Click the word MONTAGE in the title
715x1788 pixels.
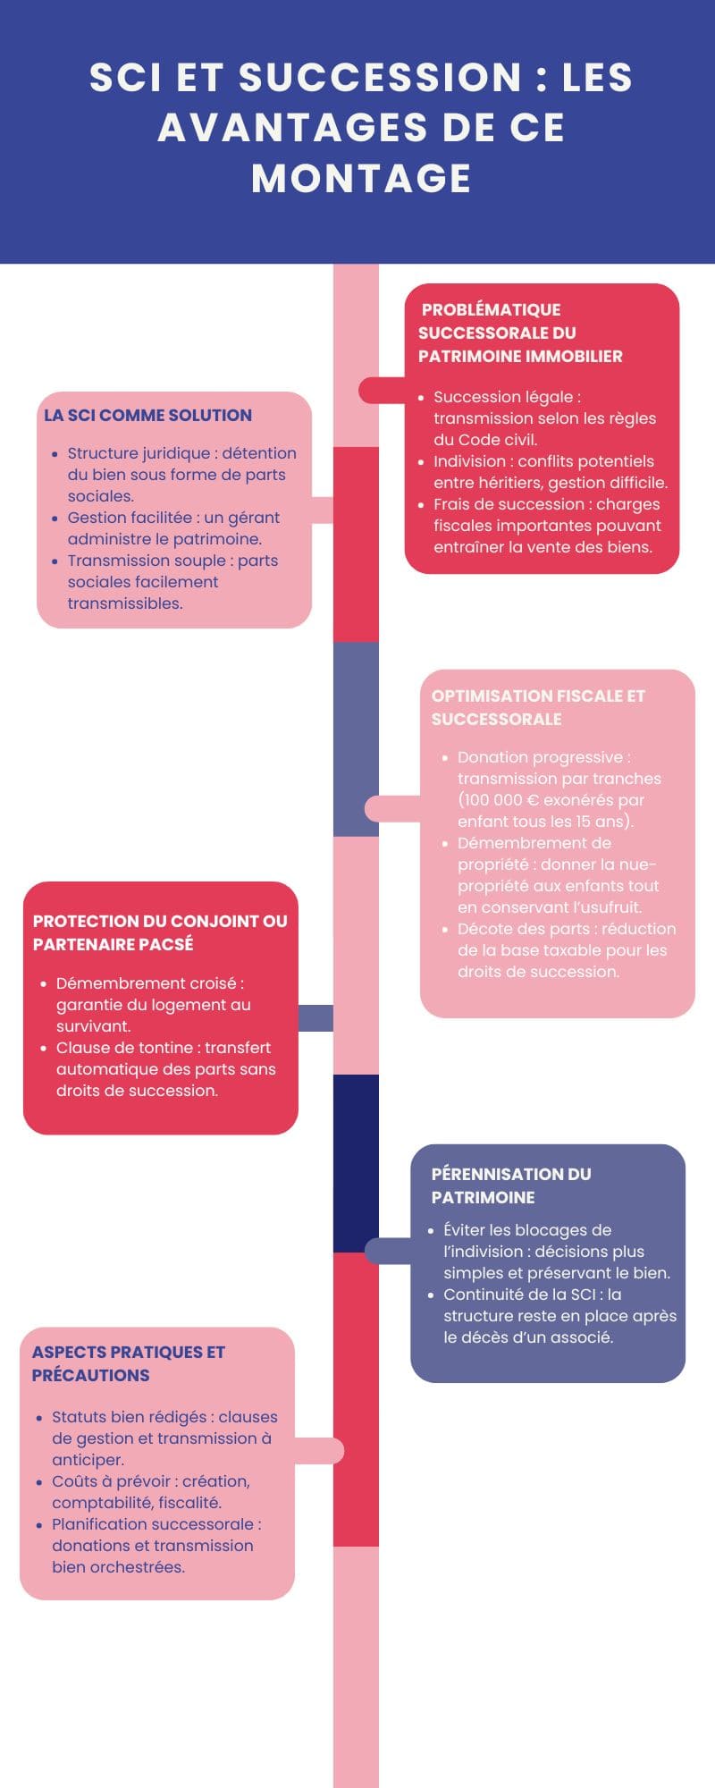click(x=361, y=178)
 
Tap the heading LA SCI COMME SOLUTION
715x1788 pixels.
click(x=147, y=415)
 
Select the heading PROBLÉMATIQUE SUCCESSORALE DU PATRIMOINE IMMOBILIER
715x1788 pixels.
click(x=520, y=333)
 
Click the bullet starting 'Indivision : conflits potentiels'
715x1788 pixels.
click(x=550, y=472)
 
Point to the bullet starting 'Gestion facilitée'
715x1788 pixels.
click(x=173, y=528)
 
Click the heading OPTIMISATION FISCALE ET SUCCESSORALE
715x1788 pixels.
click(x=538, y=707)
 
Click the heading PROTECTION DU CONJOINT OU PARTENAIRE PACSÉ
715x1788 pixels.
click(x=159, y=932)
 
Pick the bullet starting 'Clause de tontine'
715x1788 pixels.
click(x=164, y=1069)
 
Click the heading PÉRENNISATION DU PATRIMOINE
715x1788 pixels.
click(x=510, y=1185)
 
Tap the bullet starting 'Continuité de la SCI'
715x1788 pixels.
click(x=559, y=1316)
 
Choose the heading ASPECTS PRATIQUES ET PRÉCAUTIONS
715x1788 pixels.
click(x=128, y=1363)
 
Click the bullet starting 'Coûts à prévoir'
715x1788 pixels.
click(x=150, y=1492)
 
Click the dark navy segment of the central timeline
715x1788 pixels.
click(x=356, y=1162)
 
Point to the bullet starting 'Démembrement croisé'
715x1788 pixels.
click(x=152, y=1005)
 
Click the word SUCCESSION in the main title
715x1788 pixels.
click(x=380, y=77)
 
